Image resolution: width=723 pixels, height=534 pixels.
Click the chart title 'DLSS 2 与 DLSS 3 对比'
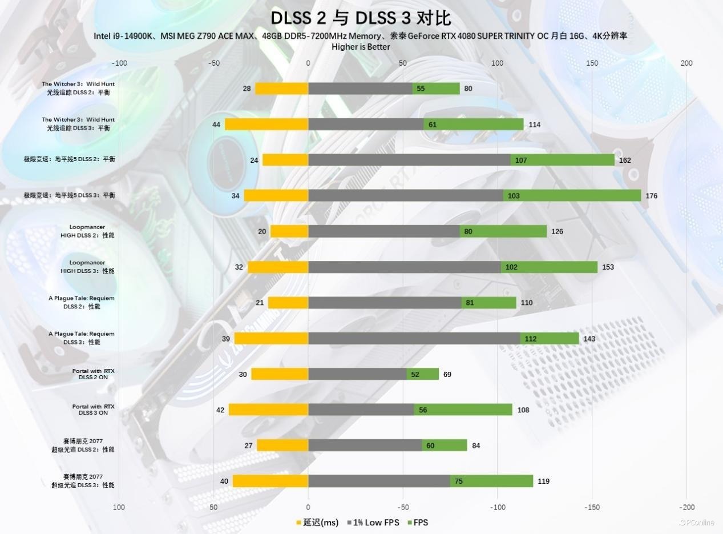[361, 17]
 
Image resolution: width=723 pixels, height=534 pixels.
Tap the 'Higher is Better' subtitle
[361, 47]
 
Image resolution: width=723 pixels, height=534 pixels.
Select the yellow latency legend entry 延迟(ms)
[317, 522]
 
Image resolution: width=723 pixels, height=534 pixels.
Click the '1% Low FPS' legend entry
[373, 522]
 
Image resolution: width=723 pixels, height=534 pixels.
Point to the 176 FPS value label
[651, 196]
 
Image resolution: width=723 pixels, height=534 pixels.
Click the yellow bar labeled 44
[266, 125]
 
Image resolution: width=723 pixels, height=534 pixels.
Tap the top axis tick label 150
[592, 63]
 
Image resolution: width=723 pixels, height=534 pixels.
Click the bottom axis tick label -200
[686, 507]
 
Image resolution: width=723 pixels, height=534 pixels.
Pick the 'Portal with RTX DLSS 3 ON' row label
[93, 409]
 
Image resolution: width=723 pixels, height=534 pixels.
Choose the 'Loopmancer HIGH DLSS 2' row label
[87, 231]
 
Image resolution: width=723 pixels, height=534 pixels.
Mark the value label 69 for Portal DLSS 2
[447, 375]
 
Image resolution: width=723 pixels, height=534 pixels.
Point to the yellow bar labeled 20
[289, 231]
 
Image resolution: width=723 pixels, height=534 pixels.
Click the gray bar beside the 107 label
[409, 160]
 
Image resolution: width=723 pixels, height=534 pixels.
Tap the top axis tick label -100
[119, 63]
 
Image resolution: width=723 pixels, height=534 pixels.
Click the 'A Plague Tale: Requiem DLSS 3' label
[81, 338]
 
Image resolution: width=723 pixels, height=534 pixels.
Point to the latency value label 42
[220, 410]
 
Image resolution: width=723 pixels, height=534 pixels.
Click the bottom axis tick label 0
[308, 507]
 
